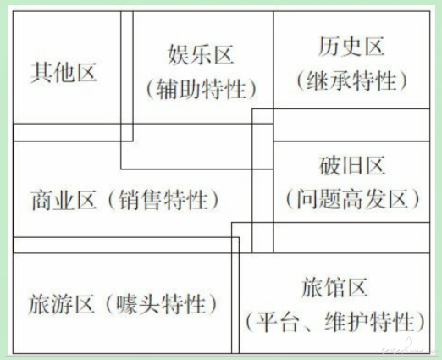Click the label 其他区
click(64, 73)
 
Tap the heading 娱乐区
click(201, 54)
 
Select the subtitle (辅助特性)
click(201, 89)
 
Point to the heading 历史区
click(351, 47)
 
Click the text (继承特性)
click(351, 80)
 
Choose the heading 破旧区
click(352, 166)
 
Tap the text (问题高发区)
click(352, 199)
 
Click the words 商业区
click(64, 200)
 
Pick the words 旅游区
click(61, 304)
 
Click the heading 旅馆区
click(334, 287)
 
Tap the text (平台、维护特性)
click(335, 322)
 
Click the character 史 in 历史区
click(351, 47)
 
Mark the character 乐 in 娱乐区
click(201, 54)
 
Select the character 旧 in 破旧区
click(352, 166)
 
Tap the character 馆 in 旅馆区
click(334, 287)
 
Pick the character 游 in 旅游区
click(61, 304)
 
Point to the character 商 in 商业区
click(41, 200)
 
